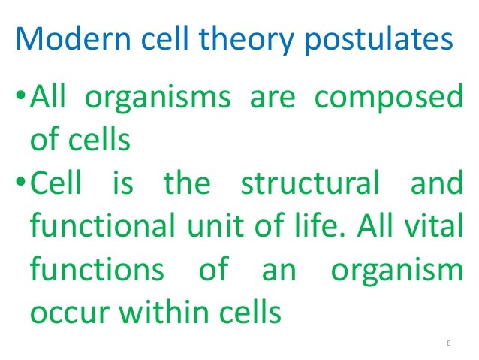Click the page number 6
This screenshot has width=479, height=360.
coord(447,343)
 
